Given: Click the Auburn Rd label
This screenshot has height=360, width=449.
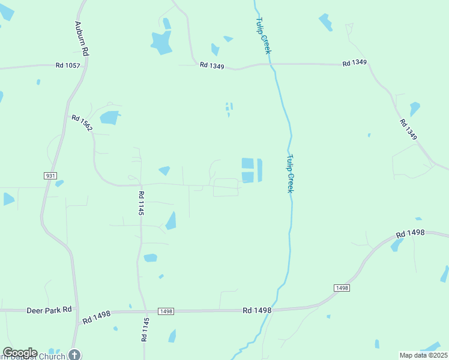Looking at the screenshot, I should tap(82, 39).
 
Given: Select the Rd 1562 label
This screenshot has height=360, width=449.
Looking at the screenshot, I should tap(82, 124).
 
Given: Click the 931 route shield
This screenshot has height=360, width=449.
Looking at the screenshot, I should tap(50, 175).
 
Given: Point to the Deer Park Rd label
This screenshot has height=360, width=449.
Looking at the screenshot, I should tap(49, 310).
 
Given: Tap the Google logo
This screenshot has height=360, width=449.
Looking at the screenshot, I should tap(20, 353).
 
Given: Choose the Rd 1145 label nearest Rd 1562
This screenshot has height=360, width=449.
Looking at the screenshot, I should tap(141, 203).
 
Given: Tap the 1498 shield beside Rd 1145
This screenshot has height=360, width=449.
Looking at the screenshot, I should tap(166, 311).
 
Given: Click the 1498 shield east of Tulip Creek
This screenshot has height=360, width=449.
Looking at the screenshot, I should tap(342, 288).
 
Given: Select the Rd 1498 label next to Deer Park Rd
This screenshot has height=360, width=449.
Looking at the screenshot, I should tap(97, 316).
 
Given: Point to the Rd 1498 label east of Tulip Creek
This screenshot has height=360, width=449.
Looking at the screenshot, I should tap(411, 233).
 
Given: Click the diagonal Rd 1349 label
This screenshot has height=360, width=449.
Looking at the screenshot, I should tap(408, 130).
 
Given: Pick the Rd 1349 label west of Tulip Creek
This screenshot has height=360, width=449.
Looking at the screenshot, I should tap(212, 65).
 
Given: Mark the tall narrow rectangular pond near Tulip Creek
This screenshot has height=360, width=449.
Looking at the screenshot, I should tap(259, 170).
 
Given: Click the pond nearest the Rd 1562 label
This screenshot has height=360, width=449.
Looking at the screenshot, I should tap(109, 118).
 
